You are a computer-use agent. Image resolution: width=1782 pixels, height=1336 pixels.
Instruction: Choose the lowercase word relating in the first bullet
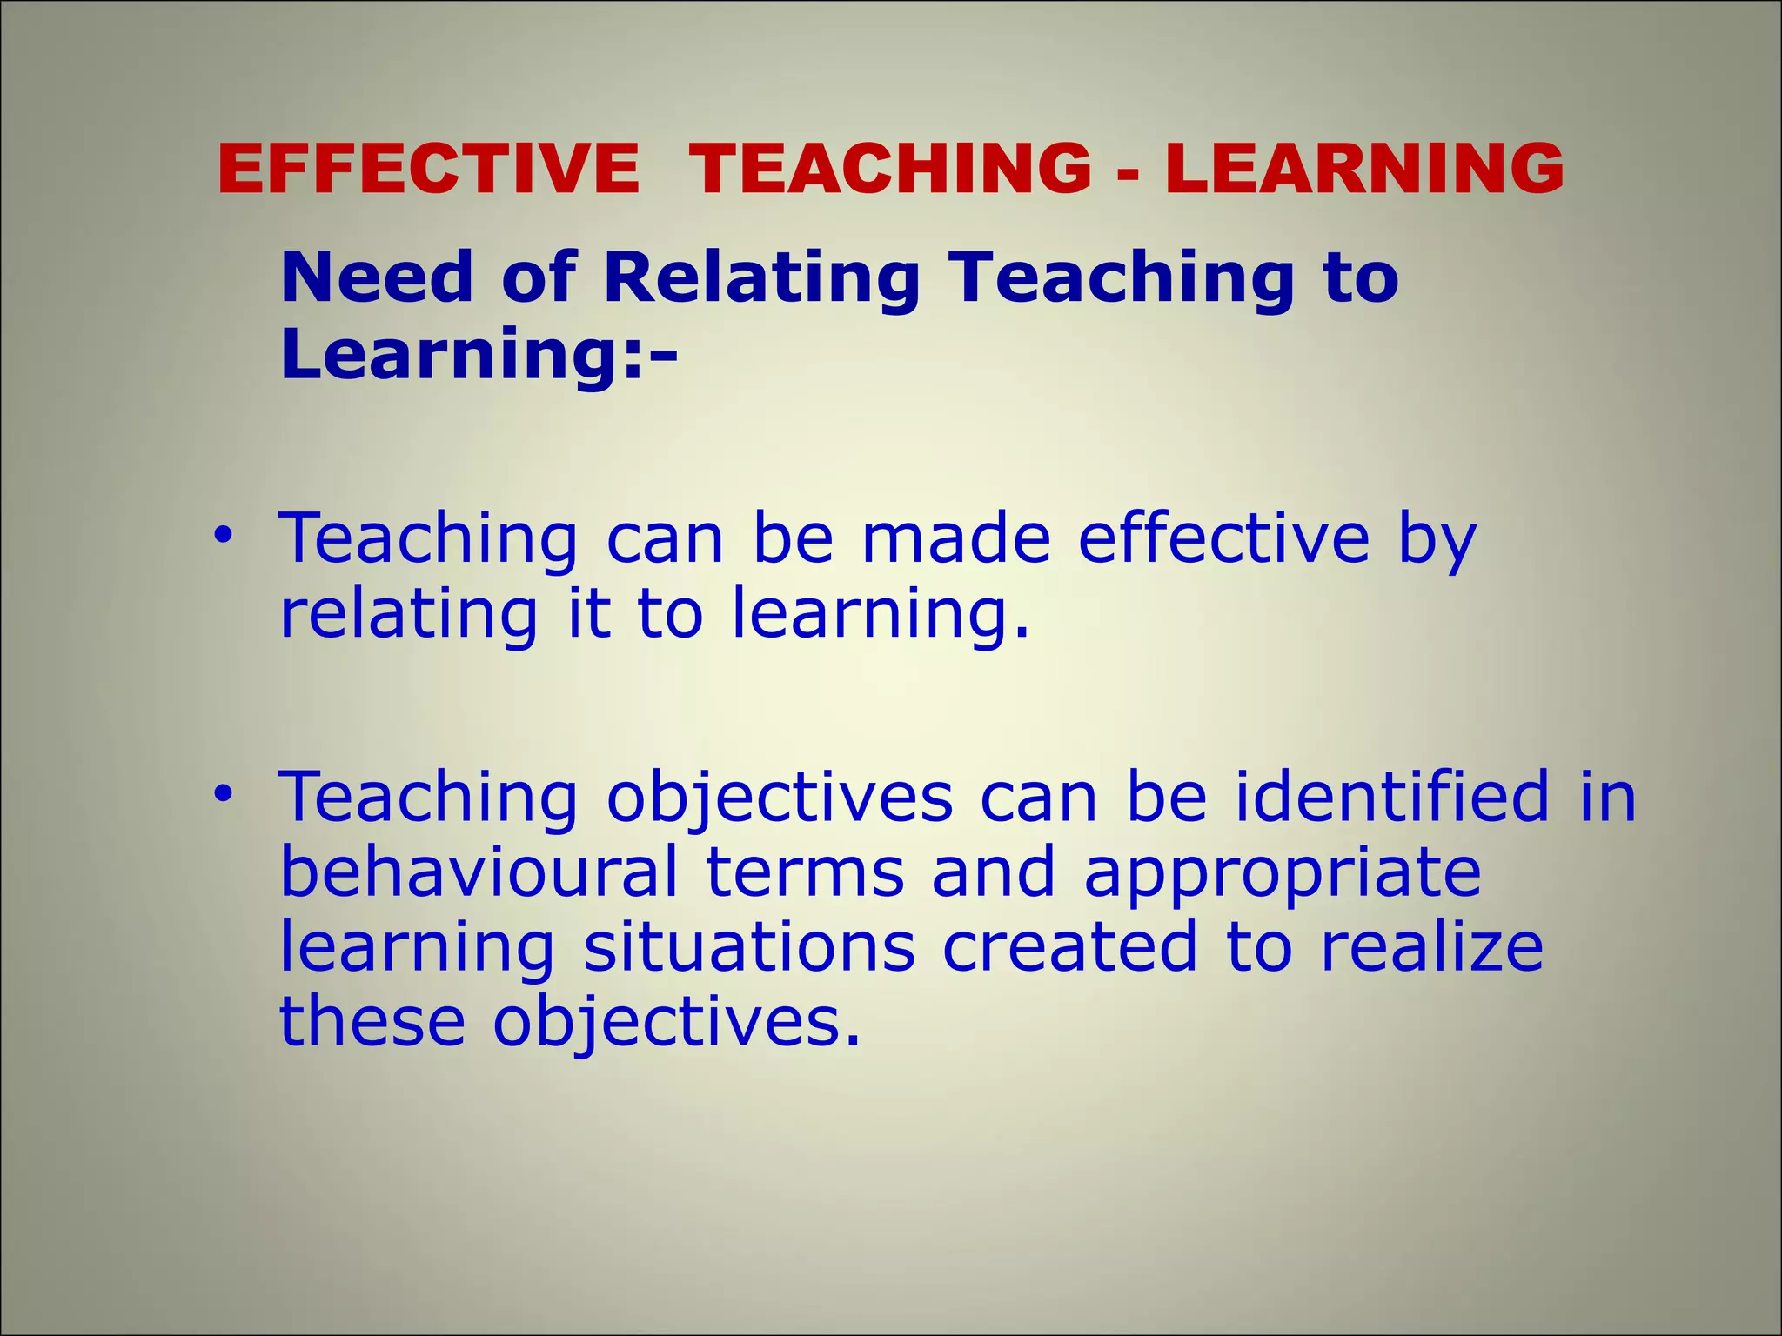point(408,614)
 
